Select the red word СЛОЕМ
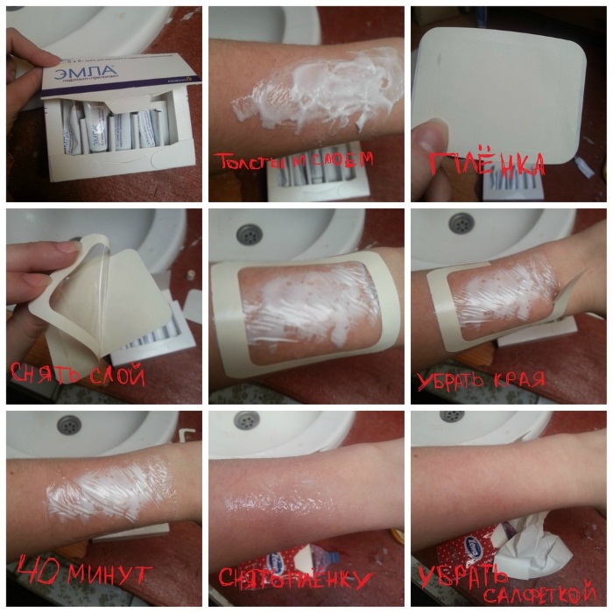[x=341, y=159]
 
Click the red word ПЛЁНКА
[x=487, y=163]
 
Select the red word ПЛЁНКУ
[x=328, y=579]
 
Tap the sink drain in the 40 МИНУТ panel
[x=69, y=425]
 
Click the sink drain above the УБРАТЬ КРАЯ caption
[x=462, y=223]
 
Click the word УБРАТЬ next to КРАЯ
[x=452, y=380]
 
